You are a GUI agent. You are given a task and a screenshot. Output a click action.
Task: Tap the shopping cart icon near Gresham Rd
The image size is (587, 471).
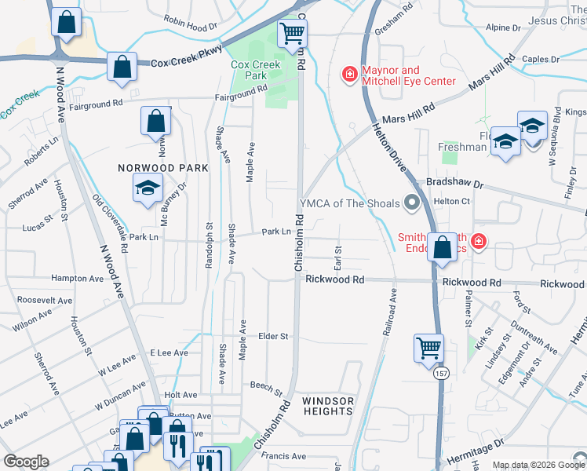pyautogui.click(x=292, y=34)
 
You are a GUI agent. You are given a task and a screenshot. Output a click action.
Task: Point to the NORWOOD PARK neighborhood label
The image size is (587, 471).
pyautogui.click(x=163, y=168)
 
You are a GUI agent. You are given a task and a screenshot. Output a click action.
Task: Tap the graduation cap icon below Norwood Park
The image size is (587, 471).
pyautogui.click(x=147, y=189)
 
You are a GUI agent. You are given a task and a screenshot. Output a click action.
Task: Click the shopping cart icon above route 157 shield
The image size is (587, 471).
pyautogui.click(x=428, y=347)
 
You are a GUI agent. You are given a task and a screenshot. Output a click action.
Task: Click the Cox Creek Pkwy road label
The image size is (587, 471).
pyautogui.click(x=187, y=62)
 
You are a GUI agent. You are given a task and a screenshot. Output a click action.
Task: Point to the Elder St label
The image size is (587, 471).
pyautogui.click(x=273, y=336)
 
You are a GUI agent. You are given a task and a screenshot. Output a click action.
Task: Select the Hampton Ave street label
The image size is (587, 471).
pyautogui.click(x=77, y=278)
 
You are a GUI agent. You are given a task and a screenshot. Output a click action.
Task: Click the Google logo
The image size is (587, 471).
pyautogui.click(x=27, y=462)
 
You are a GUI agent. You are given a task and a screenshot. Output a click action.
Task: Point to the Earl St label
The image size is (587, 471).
pyautogui.click(x=338, y=254)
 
